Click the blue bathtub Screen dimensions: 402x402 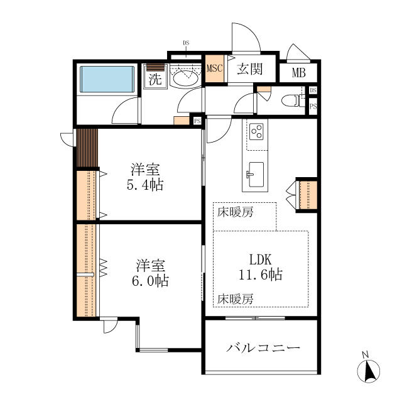[x=107, y=79]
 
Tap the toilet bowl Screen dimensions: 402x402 [x=290, y=100]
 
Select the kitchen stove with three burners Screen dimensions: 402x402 [x=257, y=131]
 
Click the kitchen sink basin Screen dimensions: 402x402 [x=256, y=175]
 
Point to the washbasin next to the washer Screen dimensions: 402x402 [x=186, y=77]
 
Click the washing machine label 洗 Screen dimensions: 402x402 [x=155, y=80]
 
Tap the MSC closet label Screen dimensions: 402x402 [x=215, y=68]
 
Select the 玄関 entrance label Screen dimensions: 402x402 [x=250, y=68]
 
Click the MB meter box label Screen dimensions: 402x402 [x=299, y=73]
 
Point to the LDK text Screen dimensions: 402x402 [x=261, y=259]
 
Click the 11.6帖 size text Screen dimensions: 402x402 [x=261, y=274]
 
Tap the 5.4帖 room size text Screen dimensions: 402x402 [x=145, y=185]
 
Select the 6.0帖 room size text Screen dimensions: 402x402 [x=150, y=281]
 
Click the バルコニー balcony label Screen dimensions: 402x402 [x=263, y=348]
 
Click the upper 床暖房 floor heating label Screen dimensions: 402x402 [x=236, y=212]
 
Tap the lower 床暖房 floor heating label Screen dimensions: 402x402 [x=236, y=299]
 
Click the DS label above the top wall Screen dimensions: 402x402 [x=186, y=43]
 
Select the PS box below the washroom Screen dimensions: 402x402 [x=197, y=121]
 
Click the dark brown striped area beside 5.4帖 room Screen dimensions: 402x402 [x=87, y=148]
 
